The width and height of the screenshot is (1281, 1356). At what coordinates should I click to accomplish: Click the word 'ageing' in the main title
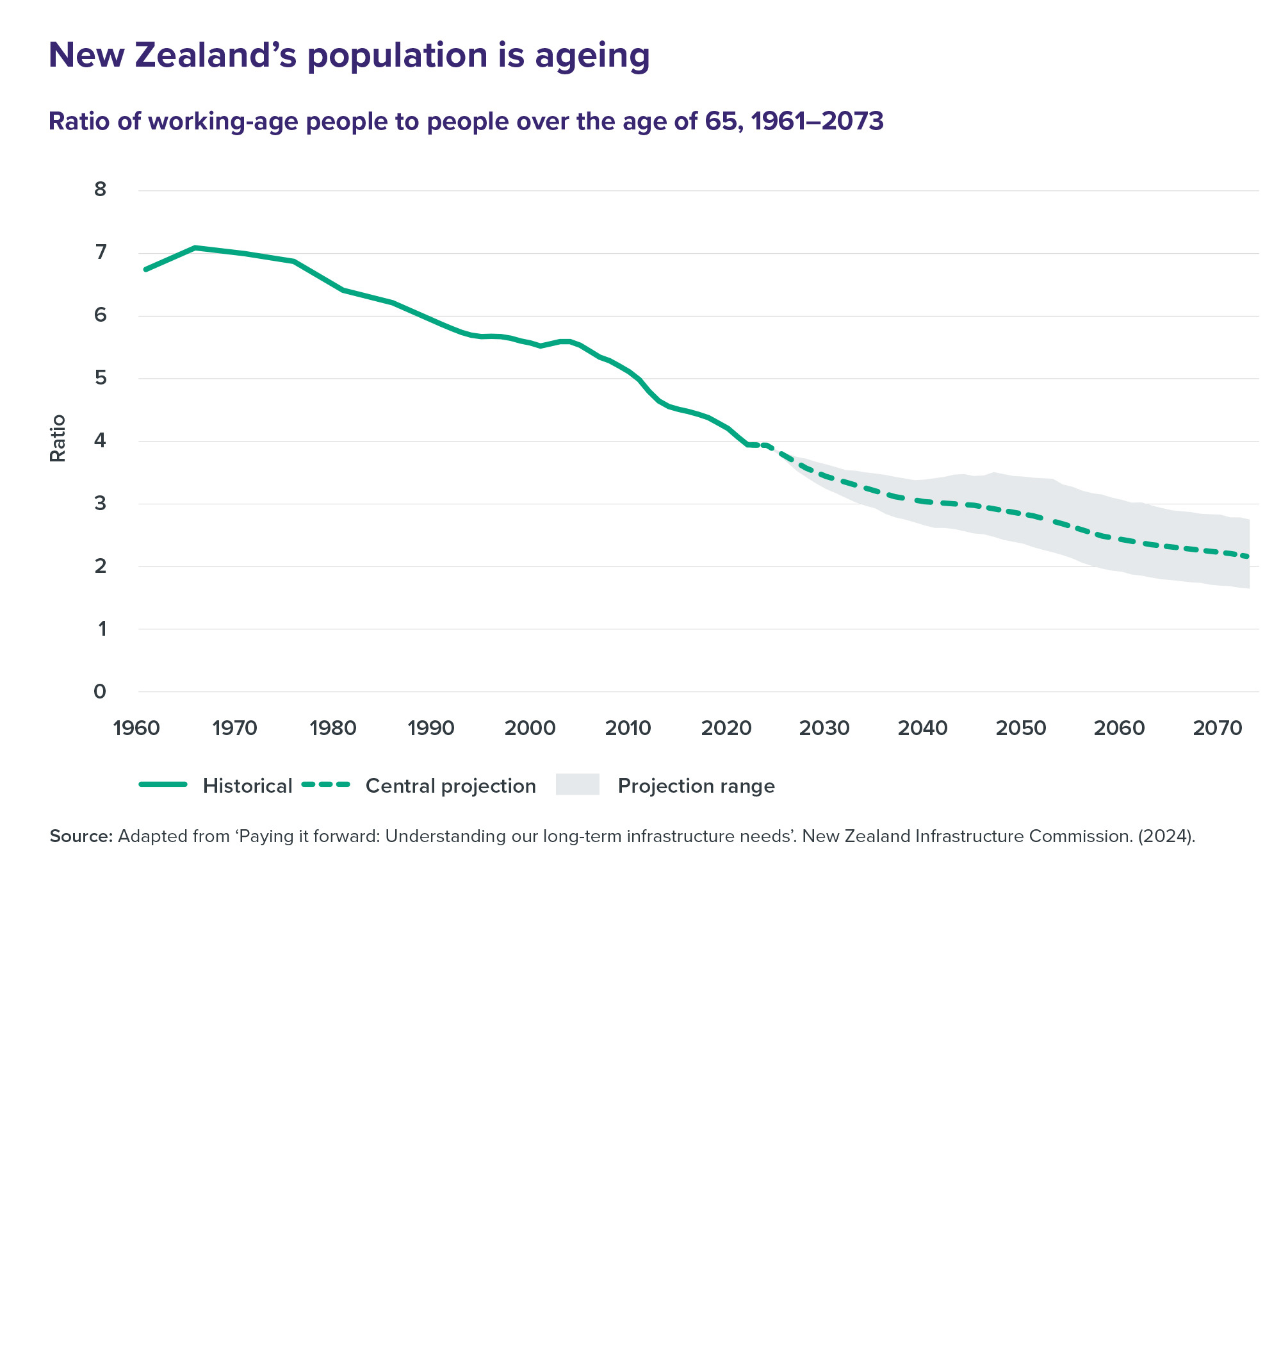592,56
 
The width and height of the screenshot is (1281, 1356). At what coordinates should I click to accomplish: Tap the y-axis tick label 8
101,189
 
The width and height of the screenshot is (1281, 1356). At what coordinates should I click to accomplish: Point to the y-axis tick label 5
101,377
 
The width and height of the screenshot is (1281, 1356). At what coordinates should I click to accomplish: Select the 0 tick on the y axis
100,691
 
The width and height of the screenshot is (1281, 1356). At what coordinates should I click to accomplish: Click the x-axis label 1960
136,728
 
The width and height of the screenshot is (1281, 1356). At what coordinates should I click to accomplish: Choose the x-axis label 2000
530,728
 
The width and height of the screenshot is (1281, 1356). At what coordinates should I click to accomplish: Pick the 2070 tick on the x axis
1218,728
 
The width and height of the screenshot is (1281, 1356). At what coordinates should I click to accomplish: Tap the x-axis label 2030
824,728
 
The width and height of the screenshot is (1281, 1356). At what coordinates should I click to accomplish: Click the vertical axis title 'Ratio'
58,438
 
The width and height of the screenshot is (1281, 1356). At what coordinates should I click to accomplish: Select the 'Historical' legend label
247,786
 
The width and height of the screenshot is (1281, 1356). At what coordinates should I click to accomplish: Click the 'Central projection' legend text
451,786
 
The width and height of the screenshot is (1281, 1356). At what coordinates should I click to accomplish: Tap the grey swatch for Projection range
578,784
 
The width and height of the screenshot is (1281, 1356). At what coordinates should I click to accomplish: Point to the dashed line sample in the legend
326,784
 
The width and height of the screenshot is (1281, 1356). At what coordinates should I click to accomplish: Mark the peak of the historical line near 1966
195,247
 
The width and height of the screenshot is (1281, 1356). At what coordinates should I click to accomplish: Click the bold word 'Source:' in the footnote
81,836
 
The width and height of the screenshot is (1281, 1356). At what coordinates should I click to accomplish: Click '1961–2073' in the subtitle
817,121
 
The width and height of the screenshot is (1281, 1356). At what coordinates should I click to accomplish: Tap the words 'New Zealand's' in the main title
172,56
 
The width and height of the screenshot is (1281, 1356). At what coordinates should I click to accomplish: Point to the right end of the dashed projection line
1248,557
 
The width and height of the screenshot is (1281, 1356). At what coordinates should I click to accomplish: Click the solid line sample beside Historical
163,784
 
